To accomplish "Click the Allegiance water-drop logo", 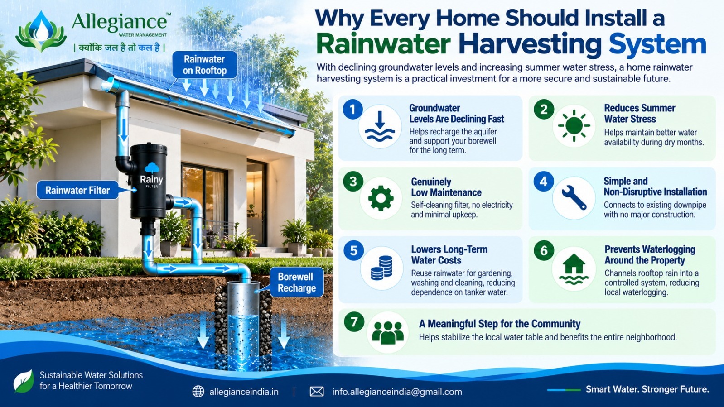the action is point(41,31).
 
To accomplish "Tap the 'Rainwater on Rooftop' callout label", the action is point(205,65).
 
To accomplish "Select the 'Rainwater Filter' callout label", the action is point(77,190).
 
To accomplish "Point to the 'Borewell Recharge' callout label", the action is point(296,283).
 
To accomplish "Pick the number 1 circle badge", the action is point(352,109).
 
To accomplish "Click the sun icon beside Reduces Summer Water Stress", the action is point(574,126).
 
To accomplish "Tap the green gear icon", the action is point(381,198).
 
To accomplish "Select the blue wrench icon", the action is point(574,198).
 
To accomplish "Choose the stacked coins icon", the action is point(381,268).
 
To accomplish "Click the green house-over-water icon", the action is point(574,269).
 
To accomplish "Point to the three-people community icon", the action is point(388,332).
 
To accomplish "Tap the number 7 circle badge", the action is point(354,322).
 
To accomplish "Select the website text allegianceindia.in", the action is point(244,392).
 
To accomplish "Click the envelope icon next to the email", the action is point(316,392).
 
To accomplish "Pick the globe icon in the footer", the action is point(198,392).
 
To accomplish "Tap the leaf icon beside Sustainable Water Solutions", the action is point(24,382).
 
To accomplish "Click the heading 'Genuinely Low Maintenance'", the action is point(446,187).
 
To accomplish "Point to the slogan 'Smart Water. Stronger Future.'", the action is point(647,389).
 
